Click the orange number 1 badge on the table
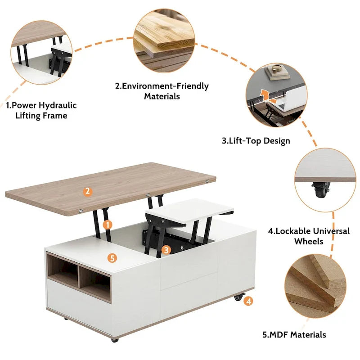coord(107,224)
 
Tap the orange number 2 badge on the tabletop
coord(88,191)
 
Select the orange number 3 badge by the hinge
coord(166,249)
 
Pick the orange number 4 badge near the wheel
coord(248,301)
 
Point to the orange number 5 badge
coord(112,258)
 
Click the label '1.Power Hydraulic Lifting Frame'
coord(41,110)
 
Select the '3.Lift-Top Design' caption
coord(256,140)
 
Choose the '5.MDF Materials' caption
coord(294,334)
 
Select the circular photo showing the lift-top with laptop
coord(276,95)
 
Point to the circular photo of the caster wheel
coord(325,178)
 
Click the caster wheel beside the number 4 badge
coord(238,298)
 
